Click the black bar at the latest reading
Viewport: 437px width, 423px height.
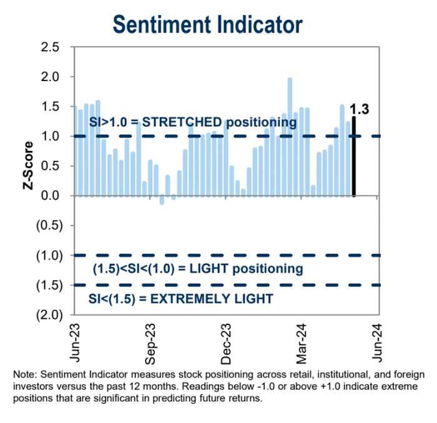pyautogui.click(x=354, y=156)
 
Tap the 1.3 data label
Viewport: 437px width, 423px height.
pyautogui.click(x=360, y=109)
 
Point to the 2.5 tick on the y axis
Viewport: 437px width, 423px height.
pyautogui.click(x=51, y=47)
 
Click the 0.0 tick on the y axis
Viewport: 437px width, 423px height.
pyautogui.click(x=51, y=196)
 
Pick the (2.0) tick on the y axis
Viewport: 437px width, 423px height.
pyautogui.click(x=48, y=315)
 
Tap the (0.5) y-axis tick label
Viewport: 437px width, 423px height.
pyautogui.click(x=48, y=225)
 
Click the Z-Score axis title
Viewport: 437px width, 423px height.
pyautogui.click(x=29, y=166)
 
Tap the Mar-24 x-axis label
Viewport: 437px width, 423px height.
pyautogui.click(x=302, y=343)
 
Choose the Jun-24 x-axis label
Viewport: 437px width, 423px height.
pyautogui.click(x=377, y=343)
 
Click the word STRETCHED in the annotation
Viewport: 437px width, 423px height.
pyautogui.click(x=177, y=123)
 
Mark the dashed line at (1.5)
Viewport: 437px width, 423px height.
pyautogui.click(x=225, y=285)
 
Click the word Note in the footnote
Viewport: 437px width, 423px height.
pyautogui.click(x=24, y=374)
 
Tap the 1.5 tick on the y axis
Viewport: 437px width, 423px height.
pyautogui.click(x=51, y=107)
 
